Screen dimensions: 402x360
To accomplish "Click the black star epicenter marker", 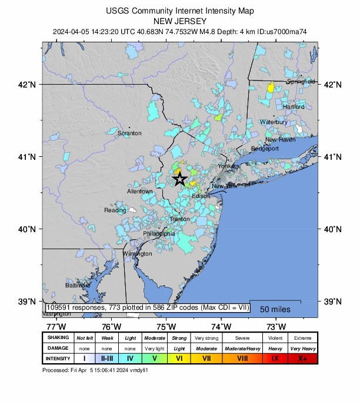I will [x=180, y=179].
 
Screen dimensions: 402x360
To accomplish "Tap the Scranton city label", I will [x=129, y=133].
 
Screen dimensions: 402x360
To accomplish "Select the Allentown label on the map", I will [x=140, y=192].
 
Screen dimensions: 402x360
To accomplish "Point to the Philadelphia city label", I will [x=159, y=234].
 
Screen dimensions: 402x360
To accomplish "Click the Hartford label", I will [x=294, y=107].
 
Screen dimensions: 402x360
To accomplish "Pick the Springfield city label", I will [x=301, y=82].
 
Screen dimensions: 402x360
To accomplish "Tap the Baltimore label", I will [x=78, y=285].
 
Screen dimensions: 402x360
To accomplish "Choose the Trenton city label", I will [x=179, y=219].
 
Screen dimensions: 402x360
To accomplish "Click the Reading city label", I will [x=115, y=210].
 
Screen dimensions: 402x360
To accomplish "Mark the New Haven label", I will [x=280, y=140].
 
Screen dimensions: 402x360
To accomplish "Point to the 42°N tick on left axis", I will [x=28, y=85].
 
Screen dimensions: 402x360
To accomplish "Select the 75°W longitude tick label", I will [x=166, y=327].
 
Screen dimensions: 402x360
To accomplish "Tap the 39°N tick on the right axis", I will [x=333, y=301].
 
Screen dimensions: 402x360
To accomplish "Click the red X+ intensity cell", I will [x=302, y=358].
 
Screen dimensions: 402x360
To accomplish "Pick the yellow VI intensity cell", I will [x=179, y=358].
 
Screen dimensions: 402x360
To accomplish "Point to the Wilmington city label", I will [x=137, y=254].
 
